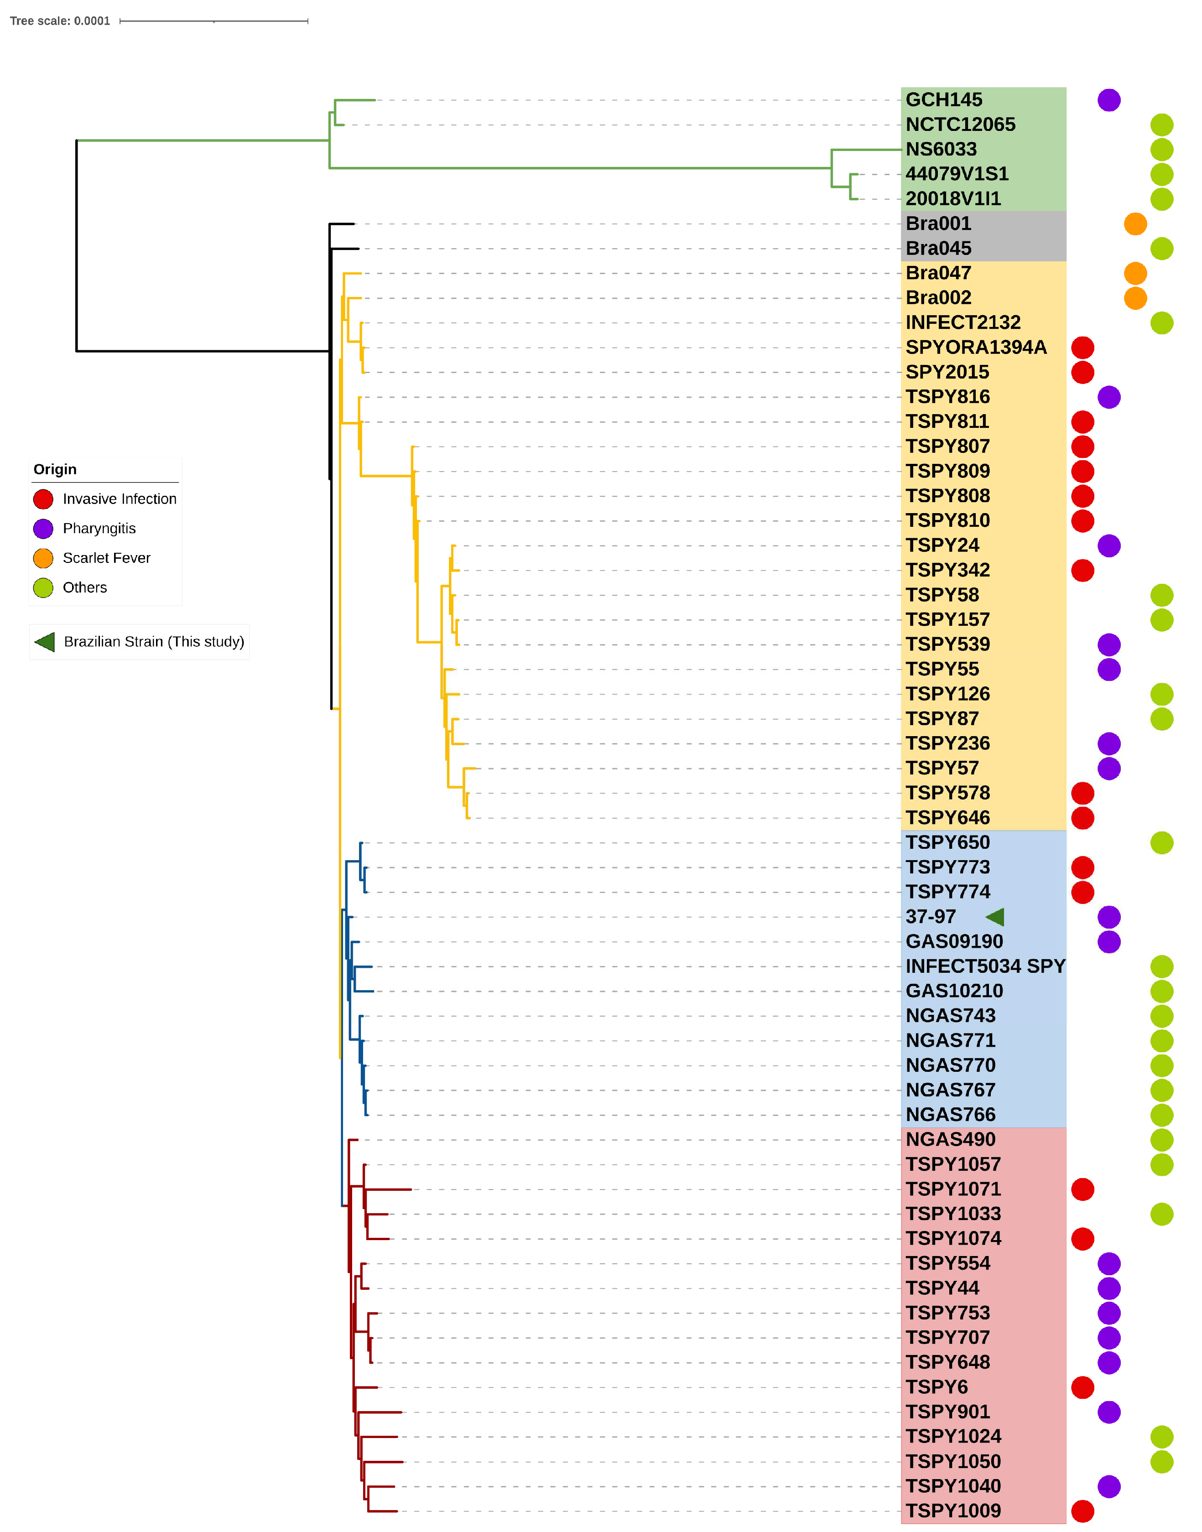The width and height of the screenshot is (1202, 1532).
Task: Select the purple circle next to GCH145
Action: tap(1108, 100)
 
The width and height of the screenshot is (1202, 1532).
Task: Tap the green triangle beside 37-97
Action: tap(994, 916)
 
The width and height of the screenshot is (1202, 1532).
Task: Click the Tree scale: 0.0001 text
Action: tap(60, 21)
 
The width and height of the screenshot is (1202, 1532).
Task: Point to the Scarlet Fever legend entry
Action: tap(106, 558)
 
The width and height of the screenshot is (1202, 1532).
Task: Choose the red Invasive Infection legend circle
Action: tap(43, 499)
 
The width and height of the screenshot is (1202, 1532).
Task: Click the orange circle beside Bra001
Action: tap(1134, 224)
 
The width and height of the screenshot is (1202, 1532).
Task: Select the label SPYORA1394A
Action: tap(975, 348)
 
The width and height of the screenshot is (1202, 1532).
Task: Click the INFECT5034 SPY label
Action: tap(984, 966)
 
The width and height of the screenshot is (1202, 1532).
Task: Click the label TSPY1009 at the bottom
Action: tap(953, 1511)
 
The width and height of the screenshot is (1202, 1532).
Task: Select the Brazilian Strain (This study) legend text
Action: tap(153, 642)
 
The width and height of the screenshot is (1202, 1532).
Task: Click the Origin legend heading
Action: tap(55, 469)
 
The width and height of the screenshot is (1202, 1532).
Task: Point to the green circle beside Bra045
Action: tap(1161, 249)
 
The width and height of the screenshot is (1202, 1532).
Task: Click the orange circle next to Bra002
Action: tap(1134, 298)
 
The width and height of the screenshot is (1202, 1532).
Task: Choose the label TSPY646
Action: tap(947, 818)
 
